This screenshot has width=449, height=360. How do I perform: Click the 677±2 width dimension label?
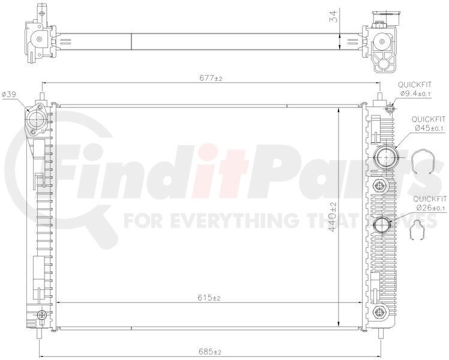click(211, 78)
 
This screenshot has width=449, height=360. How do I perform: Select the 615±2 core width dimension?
click(209, 298)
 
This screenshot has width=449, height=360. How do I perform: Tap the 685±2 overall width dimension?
click(209, 352)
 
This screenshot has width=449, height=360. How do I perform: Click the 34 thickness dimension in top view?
click(333, 17)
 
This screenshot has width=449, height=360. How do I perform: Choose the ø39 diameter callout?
click(8, 94)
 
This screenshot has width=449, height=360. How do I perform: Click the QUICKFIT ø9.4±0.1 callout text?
click(414, 89)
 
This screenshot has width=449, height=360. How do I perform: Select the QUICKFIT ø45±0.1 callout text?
click(429, 124)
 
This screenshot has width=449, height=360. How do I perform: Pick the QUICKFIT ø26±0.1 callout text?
click(430, 203)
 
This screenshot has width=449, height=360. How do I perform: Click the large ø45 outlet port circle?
click(386, 157)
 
